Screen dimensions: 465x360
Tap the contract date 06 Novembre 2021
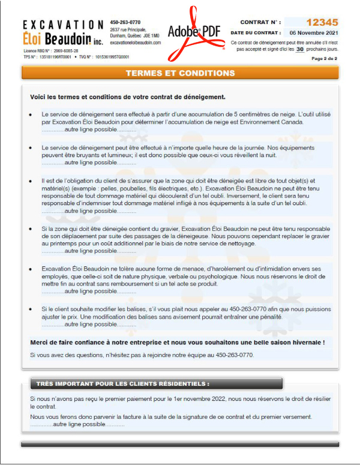[313, 32]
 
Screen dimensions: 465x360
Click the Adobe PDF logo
[193, 30]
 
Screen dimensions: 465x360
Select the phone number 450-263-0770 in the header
[125, 22]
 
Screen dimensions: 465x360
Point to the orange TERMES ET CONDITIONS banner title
[180, 73]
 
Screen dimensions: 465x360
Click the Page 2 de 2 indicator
[324, 59]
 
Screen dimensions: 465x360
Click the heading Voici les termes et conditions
[127, 97]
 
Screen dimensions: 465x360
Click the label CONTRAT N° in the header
[260, 22]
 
